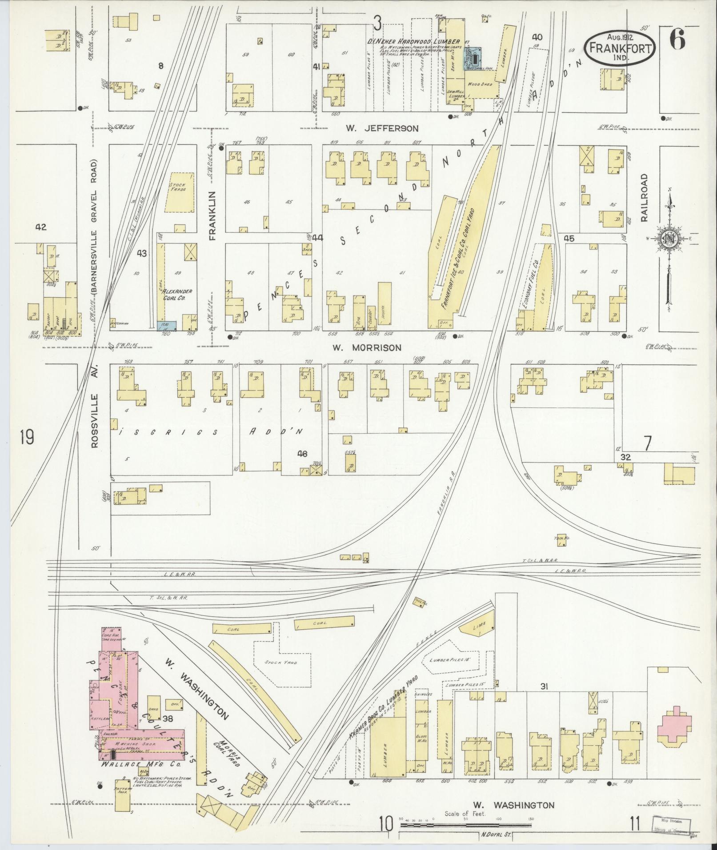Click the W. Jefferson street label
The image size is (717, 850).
click(x=382, y=128)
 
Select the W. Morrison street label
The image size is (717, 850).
click(x=367, y=347)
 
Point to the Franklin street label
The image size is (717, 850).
click(x=212, y=215)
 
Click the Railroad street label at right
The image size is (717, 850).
click(x=645, y=197)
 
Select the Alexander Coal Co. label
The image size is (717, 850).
click(x=177, y=295)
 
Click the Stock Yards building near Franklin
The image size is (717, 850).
click(x=180, y=192)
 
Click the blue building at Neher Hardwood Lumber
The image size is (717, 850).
click(x=474, y=58)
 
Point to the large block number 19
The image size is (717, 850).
click(x=26, y=438)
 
